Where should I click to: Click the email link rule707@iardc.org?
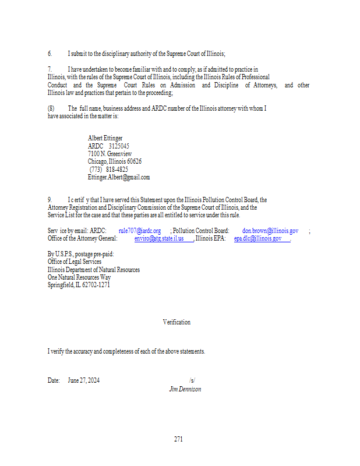click(140, 231)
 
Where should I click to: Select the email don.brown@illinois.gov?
click(270, 231)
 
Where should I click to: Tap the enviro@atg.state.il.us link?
click(159, 238)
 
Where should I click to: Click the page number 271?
click(178, 439)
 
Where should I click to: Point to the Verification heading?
click(177, 322)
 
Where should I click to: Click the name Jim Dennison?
click(185, 389)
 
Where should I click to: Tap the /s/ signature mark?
click(192, 380)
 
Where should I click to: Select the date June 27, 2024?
click(83, 380)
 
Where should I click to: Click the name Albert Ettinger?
click(105, 138)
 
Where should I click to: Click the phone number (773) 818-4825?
click(108, 170)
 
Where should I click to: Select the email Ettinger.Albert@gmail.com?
click(119, 177)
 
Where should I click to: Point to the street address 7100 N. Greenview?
click(110, 154)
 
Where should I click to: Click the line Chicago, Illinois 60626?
click(115, 161)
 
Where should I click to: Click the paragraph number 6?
click(50, 53)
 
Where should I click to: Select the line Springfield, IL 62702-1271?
click(79, 285)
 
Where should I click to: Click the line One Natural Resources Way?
click(79, 277)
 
